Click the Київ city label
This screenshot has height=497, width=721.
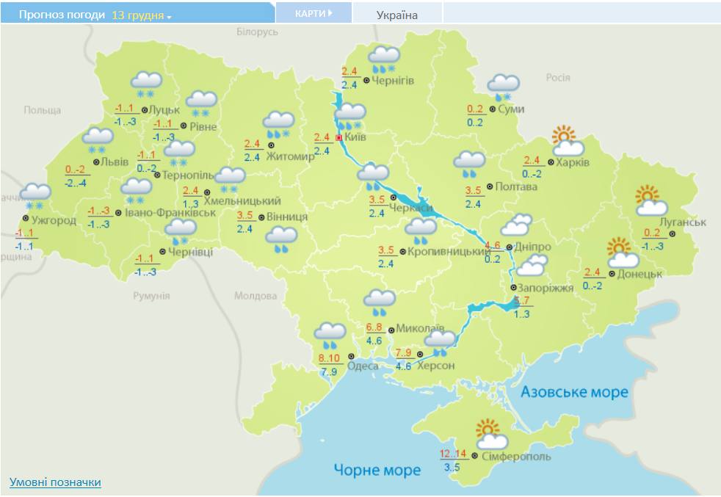(355, 137)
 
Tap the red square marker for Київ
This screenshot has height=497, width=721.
(338, 137)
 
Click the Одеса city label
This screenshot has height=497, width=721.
(363, 366)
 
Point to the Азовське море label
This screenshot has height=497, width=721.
(574, 392)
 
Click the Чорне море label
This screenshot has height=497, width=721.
(377, 469)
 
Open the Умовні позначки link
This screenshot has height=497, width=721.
(55, 482)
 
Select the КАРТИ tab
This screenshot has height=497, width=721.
(314, 13)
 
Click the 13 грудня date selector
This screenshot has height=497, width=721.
(141, 15)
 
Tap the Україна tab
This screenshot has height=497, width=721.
(397, 15)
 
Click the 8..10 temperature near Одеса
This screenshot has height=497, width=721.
(330, 358)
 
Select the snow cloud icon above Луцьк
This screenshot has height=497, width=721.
(146, 84)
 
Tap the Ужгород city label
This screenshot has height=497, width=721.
(54, 220)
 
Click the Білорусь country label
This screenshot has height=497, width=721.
(258, 32)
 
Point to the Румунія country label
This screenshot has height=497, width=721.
(151, 296)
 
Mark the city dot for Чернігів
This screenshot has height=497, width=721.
(366, 80)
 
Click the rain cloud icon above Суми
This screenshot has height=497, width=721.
(503, 87)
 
